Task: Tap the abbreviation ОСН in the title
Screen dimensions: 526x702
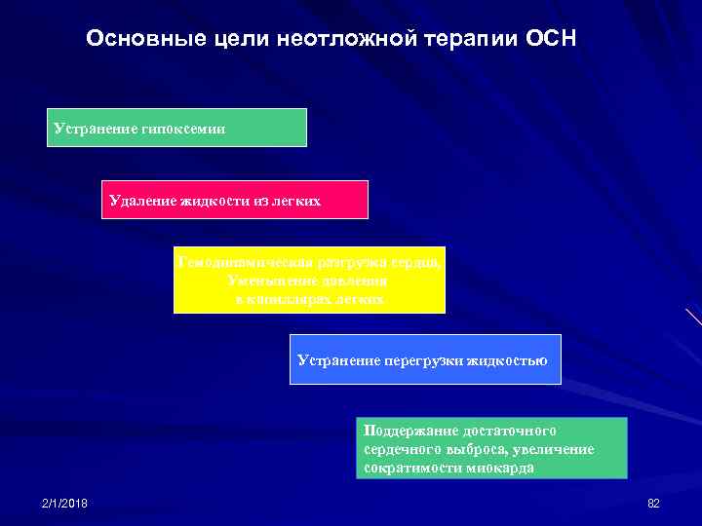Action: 552,39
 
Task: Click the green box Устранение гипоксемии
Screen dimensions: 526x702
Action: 176,128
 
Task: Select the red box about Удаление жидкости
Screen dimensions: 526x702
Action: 235,200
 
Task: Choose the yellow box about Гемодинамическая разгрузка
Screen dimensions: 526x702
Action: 309,280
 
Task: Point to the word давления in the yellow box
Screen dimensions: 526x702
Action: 342,281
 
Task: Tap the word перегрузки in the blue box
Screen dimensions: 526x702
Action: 425,360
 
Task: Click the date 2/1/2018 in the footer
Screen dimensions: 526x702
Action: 64,503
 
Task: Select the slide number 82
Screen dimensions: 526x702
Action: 653,503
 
